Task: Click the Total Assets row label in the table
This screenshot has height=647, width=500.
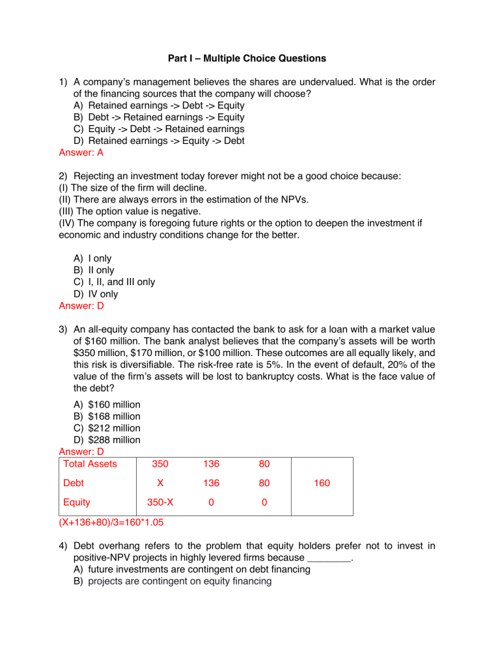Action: (90, 464)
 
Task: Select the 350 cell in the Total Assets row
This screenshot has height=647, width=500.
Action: (160, 464)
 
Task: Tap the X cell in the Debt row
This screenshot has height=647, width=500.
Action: (160, 484)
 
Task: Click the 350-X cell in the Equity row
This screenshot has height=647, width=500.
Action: (160, 502)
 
